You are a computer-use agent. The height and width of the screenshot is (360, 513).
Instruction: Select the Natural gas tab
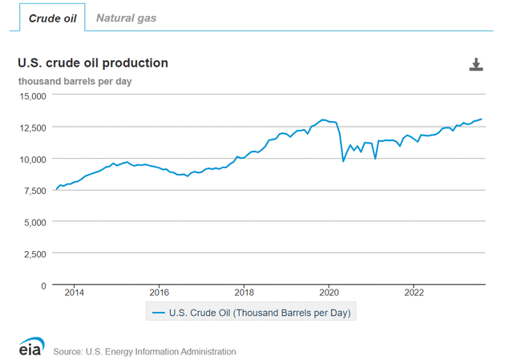point(126,17)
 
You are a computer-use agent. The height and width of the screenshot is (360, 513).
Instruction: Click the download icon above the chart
point(476,65)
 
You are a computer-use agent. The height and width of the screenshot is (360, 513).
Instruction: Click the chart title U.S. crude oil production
point(93,63)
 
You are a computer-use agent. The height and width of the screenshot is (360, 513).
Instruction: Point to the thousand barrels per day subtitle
point(75,81)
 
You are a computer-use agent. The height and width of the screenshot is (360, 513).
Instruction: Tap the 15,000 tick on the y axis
point(34,95)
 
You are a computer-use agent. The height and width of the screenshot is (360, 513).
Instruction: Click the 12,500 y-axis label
point(34,127)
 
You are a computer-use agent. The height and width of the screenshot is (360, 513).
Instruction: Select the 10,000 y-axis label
point(34,159)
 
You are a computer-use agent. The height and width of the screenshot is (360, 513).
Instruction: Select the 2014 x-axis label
point(74,293)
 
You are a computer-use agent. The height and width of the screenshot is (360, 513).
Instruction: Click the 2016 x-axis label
point(159,293)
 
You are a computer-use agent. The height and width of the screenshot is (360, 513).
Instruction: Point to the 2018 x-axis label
point(244,293)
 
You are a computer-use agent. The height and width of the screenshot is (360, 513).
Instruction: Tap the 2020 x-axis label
point(329,293)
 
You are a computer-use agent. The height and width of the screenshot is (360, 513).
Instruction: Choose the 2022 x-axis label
point(414,293)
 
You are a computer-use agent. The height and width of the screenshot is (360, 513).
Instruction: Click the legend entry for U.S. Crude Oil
point(250,313)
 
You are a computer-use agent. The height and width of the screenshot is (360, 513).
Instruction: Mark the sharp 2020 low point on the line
point(343,161)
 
